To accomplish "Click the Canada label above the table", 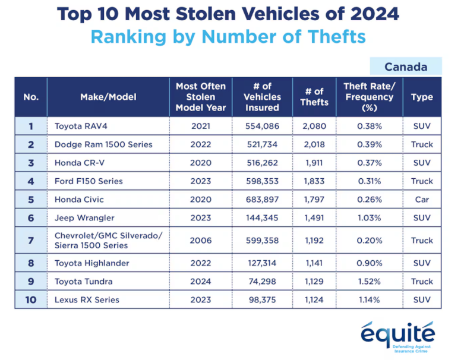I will pyautogui.click(x=406, y=67).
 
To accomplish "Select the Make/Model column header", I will pyautogui.click(x=108, y=97).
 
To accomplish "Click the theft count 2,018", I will pyautogui.click(x=314, y=144).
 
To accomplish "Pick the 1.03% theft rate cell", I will pyautogui.click(x=369, y=218).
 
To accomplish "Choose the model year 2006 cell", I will pyautogui.click(x=201, y=241).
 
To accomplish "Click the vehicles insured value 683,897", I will pyautogui.click(x=262, y=200).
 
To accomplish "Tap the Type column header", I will pyautogui.click(x=422, y=97).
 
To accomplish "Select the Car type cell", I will pyautogui.click(x=422, y=200).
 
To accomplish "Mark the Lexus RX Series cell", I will pyautogui.click(x=87, y=299).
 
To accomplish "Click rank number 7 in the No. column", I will pyautogui.click(x=30, y=241).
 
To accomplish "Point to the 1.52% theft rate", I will pyautogui.click(x=369, y=282).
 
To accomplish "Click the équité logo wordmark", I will pyautogui.click(x=397, y=334).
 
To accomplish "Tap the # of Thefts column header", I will pyautogui.click(x=314, y=97).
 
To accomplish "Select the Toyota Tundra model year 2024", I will pyautogui.click(x=201, y=282).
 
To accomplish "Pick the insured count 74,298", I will pyautogui.click(x=262, y=282).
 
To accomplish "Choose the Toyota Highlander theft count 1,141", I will pyautogui.click(x=314, y=263).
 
